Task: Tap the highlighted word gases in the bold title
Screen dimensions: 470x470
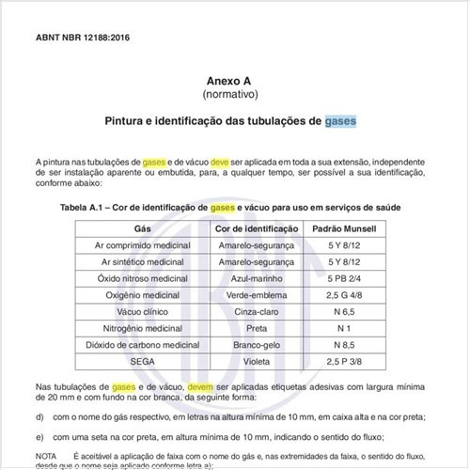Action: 341,122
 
